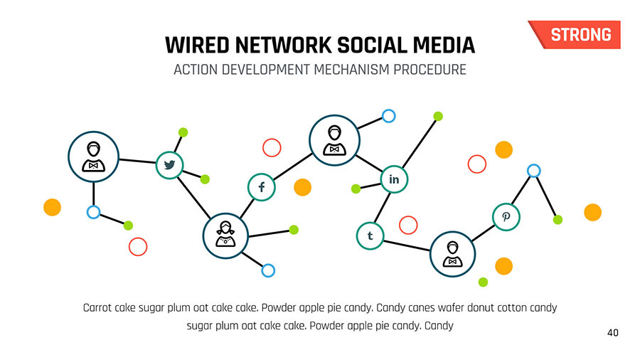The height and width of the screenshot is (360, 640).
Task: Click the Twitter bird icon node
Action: click(169, 165)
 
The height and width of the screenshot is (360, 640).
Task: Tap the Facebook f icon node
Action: click(262, 187)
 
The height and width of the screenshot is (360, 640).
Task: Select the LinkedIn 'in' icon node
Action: click(394, 179)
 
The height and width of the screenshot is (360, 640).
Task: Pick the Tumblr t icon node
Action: click(370, 236)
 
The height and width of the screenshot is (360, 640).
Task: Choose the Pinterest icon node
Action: click(506, 217)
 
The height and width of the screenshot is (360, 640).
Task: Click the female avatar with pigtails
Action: click(225, 235)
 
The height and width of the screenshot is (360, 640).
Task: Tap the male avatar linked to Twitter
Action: click(93, 157)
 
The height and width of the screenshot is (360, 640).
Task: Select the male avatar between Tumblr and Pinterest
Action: click(453, 254)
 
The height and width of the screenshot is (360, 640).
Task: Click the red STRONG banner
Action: click(575, 35)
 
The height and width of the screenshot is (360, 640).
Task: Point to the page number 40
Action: click(613, 333)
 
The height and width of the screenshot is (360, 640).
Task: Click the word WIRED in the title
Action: click(197, 45)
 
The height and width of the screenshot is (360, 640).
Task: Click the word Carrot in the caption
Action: click(97, 307)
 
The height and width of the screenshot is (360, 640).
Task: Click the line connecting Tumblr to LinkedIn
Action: click(382, 207)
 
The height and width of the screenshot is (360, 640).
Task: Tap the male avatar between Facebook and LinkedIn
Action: click(334, 140)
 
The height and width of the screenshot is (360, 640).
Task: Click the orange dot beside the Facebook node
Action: click(302, 187)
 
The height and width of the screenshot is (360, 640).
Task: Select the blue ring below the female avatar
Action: click(268, 270)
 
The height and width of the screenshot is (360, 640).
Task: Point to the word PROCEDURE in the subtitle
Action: click(430, 70)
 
